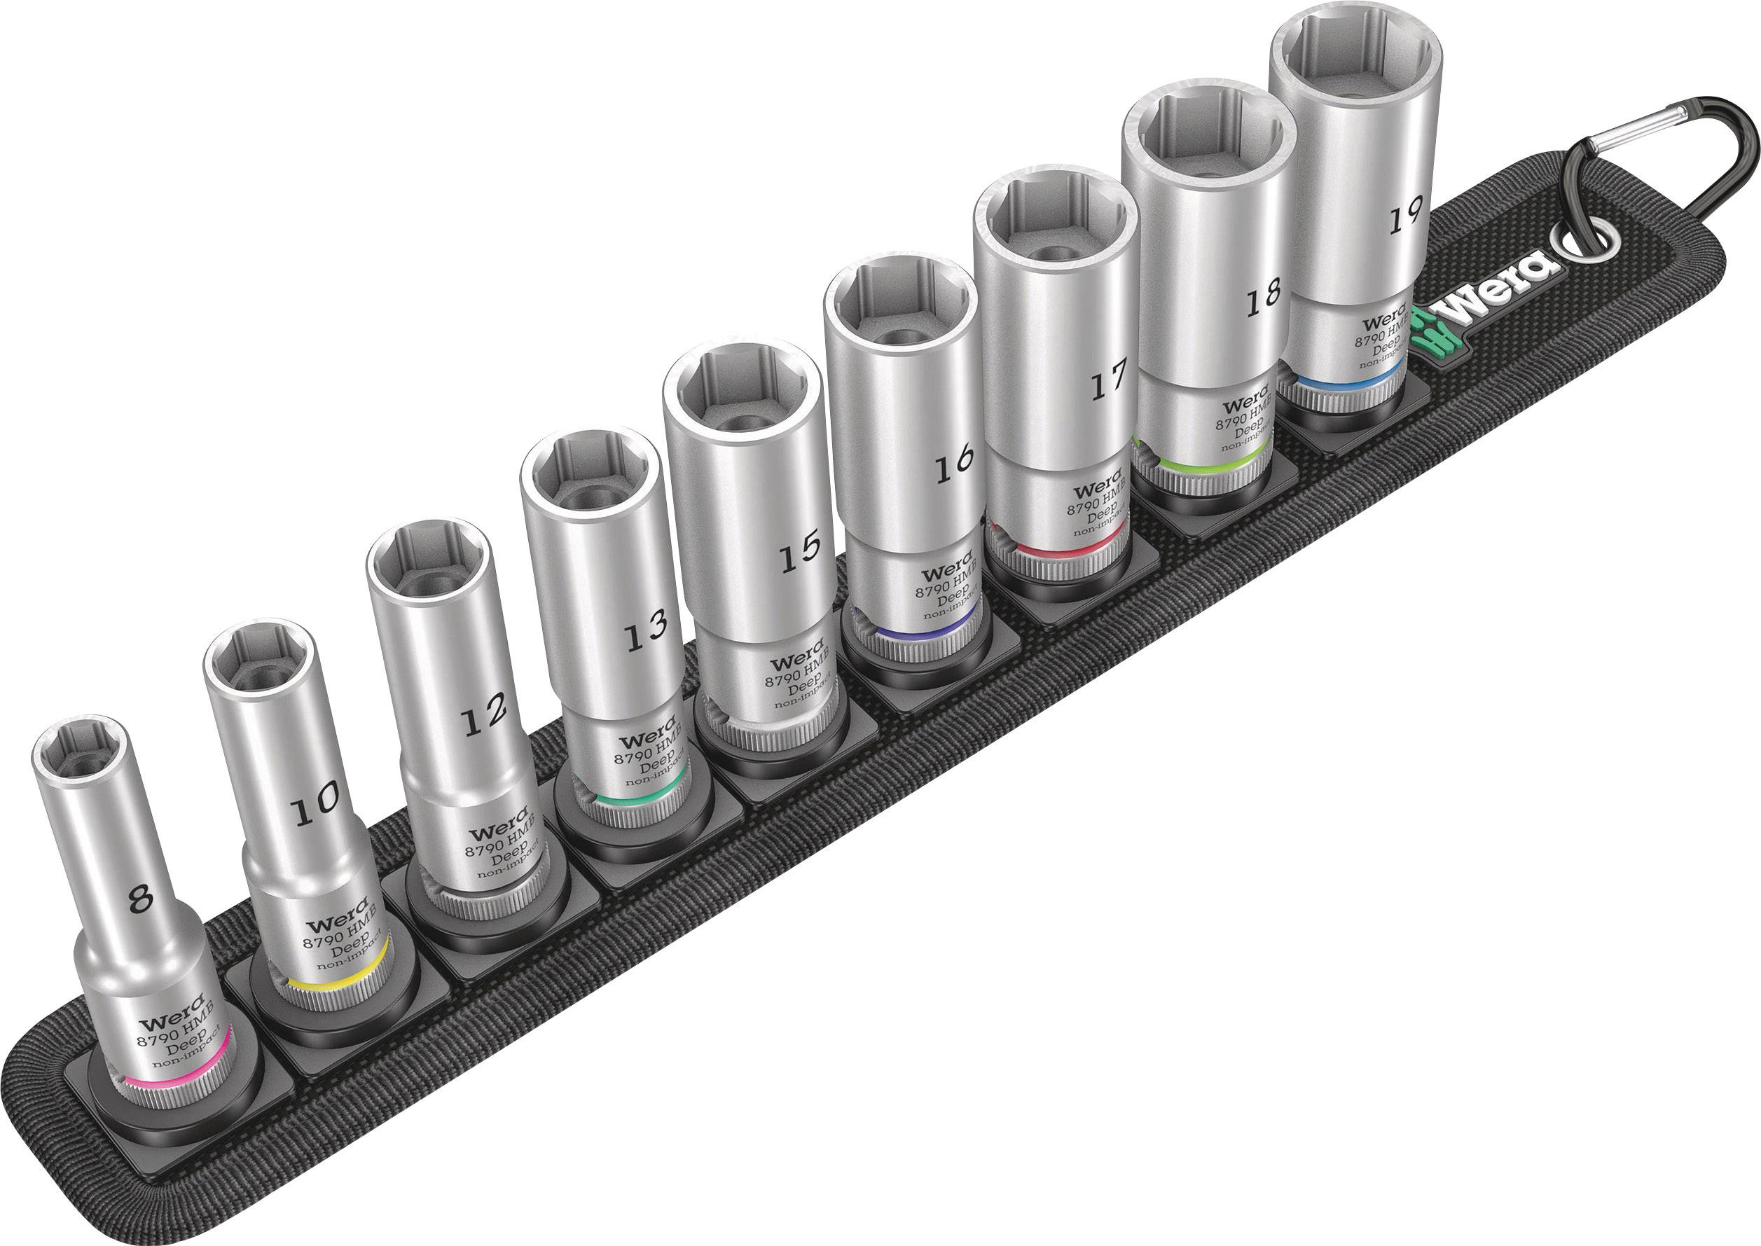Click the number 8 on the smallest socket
pos(140,899)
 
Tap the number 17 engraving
pos(1108,379)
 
